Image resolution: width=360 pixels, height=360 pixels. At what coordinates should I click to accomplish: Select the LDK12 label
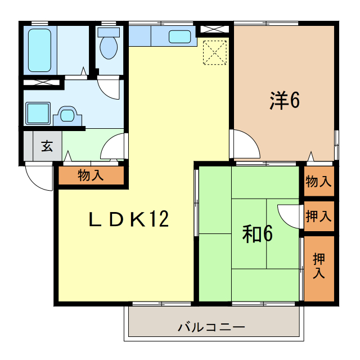tap(129, 219)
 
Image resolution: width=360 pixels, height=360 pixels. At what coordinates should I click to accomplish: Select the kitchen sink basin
tap(180, 37)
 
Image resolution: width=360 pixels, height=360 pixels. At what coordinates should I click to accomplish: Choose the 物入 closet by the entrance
tap(91, 175)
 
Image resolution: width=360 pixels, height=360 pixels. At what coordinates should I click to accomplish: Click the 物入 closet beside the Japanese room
tap(318, 181)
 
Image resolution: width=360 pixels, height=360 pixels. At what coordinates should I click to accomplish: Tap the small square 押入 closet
tap(318, 215)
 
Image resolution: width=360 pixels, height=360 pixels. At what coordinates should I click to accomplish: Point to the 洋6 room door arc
tap(246, 144)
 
